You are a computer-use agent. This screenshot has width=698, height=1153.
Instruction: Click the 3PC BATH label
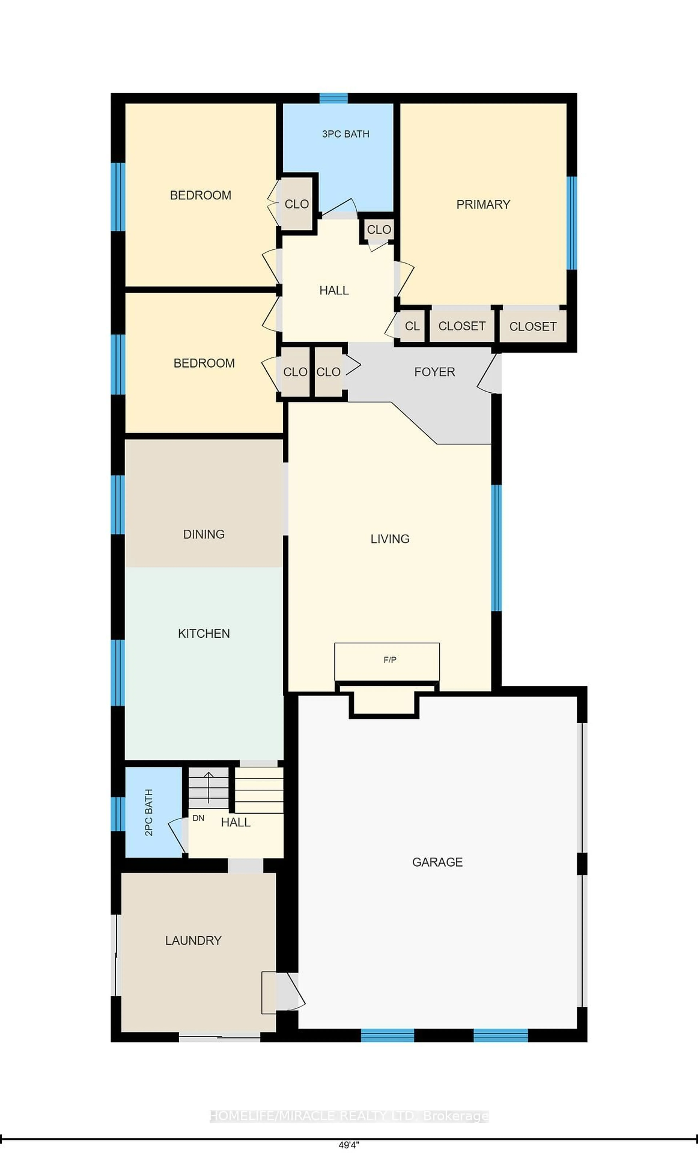[x=346, y=134]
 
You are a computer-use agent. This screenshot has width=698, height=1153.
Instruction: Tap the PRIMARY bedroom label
[x=483, y=204]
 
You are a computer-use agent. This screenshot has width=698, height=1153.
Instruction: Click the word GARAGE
[x=437, y=862]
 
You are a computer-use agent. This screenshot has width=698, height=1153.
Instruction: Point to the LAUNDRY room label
[x=193, y=940]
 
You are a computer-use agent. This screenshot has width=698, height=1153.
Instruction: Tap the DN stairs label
[x=198, y=818]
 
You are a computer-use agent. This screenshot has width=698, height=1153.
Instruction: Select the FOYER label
[x=434, y=372]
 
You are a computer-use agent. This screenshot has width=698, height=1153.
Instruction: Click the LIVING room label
[x=390, y=539]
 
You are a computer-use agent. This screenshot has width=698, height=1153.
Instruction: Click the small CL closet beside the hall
[x=412, y=326]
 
